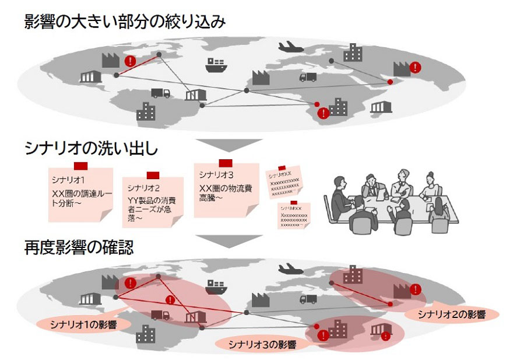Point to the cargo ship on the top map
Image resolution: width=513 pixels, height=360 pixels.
tap(216, 65)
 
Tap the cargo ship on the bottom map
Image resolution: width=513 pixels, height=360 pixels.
tap(216, 286)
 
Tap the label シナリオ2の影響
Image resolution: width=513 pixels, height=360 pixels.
tap(451, 314)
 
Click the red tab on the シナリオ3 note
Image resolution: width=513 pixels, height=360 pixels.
tap(225, 163)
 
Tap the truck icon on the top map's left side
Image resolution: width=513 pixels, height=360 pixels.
tap(160, 93)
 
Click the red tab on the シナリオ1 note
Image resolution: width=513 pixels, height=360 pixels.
tap(80, 166)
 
